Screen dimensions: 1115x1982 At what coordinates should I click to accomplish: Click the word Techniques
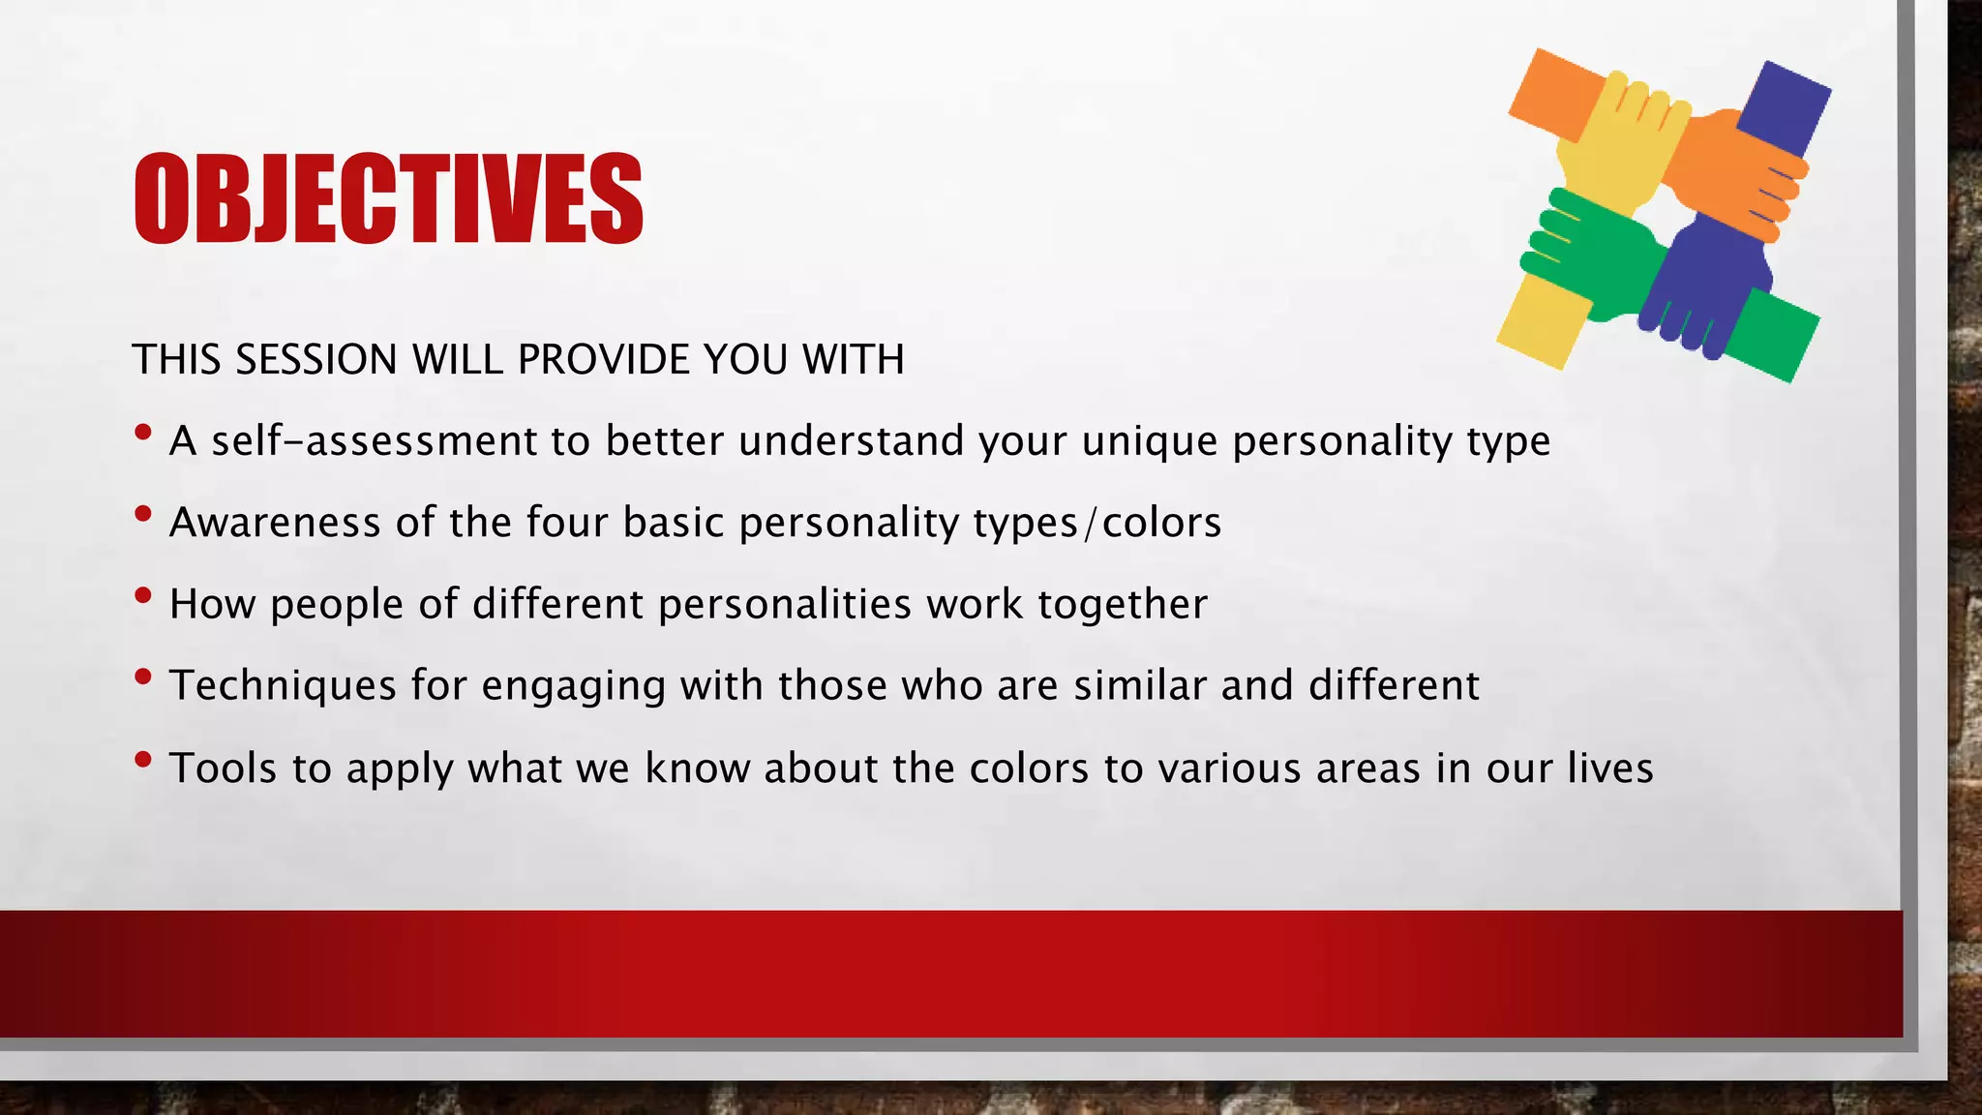point(283,685)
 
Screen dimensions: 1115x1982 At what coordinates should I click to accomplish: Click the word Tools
point(224,768)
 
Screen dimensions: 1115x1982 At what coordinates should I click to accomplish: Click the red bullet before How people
point(143,595)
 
